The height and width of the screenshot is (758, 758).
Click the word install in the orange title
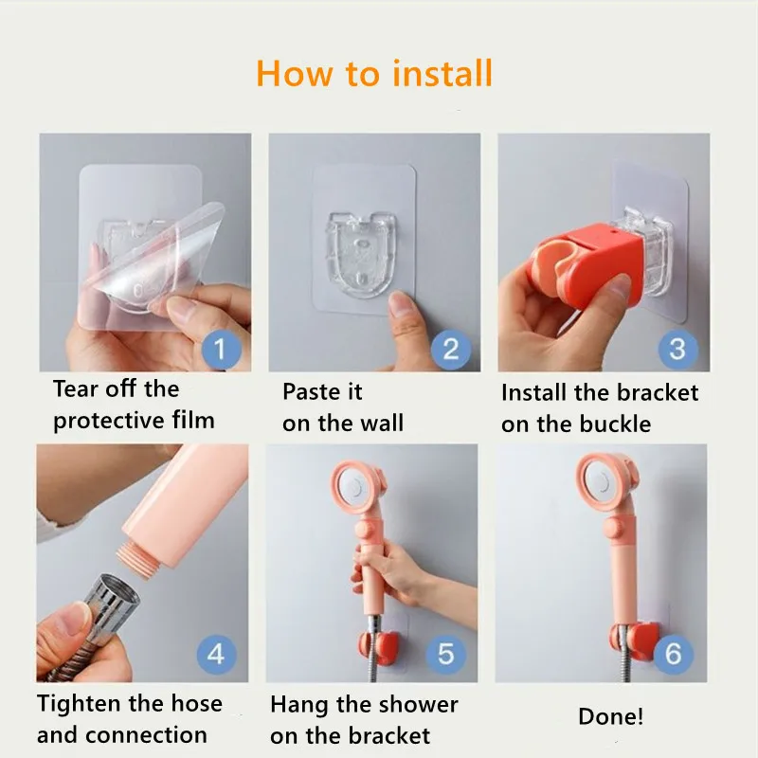[442, 74]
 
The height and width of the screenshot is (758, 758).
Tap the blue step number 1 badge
[221, 349]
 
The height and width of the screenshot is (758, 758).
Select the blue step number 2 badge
[451, 349]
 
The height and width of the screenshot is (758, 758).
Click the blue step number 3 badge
[677, 349]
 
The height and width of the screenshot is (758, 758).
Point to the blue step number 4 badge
[217, 654]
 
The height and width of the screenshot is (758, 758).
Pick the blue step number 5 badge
[445, 654]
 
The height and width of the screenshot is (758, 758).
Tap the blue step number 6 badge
[674, 654]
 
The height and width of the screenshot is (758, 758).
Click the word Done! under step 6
[610, 716]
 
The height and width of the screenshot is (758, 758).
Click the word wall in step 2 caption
[382, 423]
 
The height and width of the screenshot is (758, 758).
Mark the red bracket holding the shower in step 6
[634, 637]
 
